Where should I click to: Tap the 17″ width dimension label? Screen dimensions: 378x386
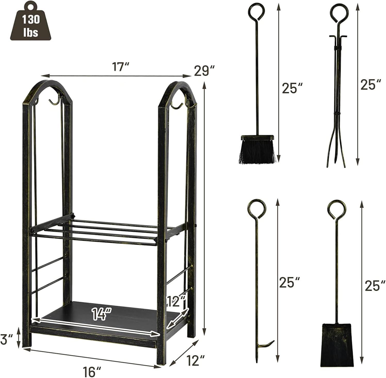tap(120, 67)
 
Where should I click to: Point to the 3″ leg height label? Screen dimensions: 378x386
tap(7, 340)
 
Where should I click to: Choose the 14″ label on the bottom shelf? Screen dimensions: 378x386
tap(102, 314)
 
